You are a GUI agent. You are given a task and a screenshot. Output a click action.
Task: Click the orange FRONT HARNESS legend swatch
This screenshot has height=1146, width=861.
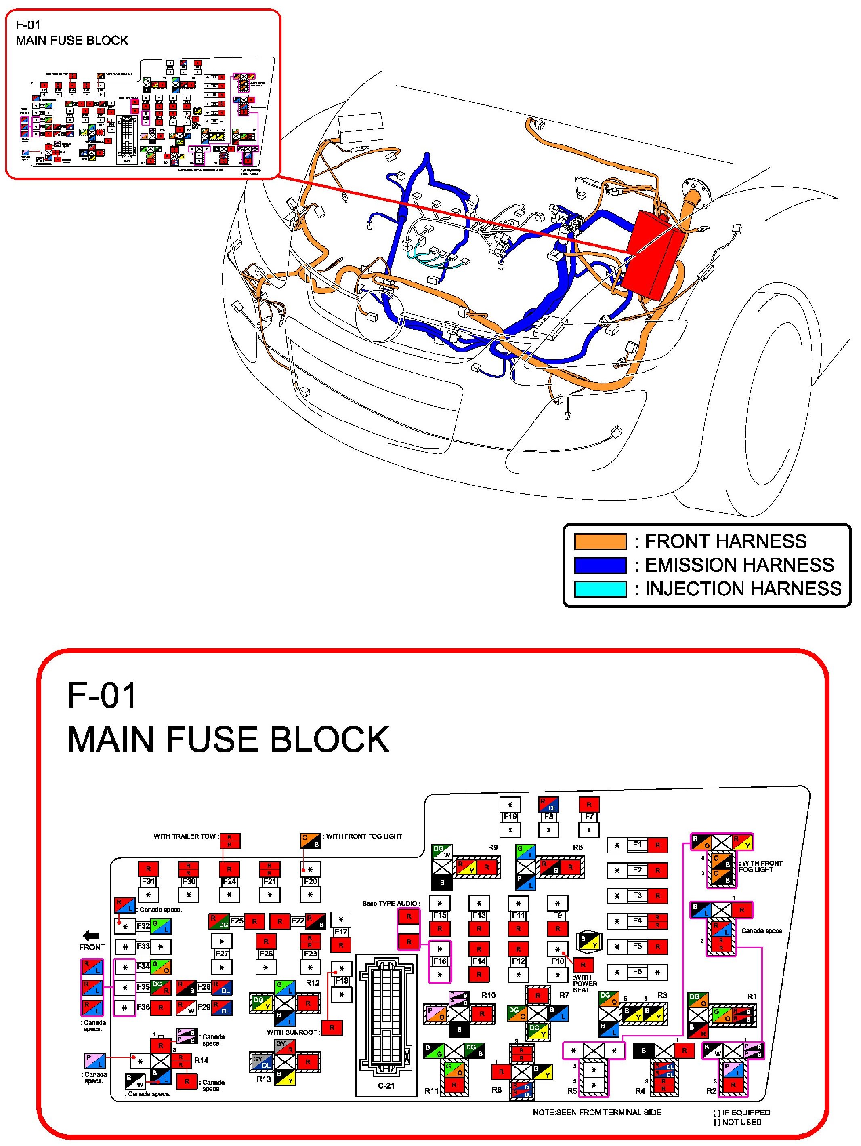tap(600, 541)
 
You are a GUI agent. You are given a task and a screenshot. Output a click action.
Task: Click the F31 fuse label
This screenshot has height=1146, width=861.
tap(148, 881)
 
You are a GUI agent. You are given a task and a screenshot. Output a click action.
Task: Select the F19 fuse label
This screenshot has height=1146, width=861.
tap(510, 817)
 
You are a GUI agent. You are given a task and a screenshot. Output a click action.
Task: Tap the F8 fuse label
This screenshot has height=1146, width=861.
tap(549, 817)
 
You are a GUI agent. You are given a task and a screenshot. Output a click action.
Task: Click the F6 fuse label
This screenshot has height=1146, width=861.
tap(637, 972)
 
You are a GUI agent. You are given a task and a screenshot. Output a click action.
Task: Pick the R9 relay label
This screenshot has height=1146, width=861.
tap(492, 848)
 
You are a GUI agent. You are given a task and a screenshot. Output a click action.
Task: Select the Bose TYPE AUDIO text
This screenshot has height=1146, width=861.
tap(390, 904)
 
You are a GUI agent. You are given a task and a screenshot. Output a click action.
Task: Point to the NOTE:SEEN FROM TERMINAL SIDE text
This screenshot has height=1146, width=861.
tap(596, 1112)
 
